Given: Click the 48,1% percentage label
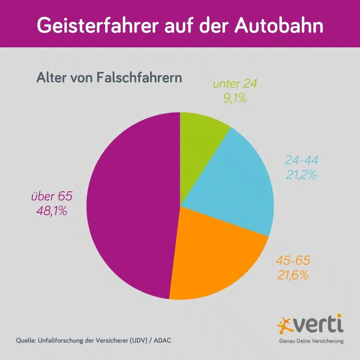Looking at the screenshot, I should pos(51,211).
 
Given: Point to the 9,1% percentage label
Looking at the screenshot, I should pos(235,99).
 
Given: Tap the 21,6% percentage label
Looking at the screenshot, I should pos(292,275).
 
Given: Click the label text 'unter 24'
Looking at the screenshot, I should pos(235,84).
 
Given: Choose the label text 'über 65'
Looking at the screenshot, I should pos(52,196).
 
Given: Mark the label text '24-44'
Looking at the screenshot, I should pos(301,160).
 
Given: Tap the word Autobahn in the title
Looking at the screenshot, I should pos(279,26).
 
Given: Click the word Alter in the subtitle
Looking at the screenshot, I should pos(50,78).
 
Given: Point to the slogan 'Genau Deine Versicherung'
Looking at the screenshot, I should pos(311,341).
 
